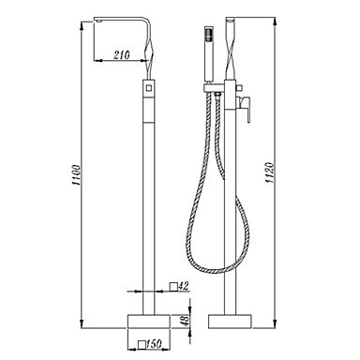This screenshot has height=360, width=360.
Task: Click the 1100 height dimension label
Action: tap(77, 175)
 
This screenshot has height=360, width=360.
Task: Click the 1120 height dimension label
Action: tap(270, 172)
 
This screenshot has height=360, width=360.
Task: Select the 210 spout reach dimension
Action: tap(122, 55)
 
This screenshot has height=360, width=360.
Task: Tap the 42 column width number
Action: tap(184, 286)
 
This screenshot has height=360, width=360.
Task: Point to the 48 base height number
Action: tap(186, 321)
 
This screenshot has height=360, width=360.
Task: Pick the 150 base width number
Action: tap(154, 344)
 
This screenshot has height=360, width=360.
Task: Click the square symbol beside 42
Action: tap(173, 287)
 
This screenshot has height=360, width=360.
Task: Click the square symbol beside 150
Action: tap(142, 344)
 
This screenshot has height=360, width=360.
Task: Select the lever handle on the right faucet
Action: tap(246, 108)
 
